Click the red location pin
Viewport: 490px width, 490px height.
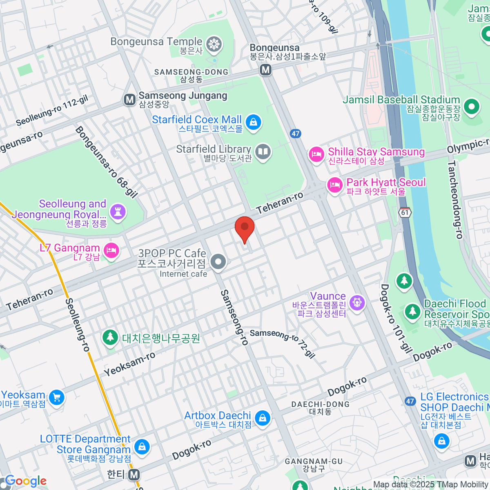click(245, 228)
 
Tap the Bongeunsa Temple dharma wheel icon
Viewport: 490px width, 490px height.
click(214, 45)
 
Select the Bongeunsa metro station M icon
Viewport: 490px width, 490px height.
click(266, 70)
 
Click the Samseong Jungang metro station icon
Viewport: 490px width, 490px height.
click(129, 100)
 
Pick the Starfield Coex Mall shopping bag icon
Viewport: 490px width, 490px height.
click(253, 122)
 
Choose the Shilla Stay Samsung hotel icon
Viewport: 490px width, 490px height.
click(316, 155)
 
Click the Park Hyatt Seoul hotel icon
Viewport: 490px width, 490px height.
click(334, 185)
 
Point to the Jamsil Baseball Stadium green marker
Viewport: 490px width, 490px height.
click(472, 107)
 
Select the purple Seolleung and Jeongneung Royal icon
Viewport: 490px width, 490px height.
click(118, 212)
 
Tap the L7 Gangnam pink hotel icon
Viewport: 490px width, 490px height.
click(111, 250)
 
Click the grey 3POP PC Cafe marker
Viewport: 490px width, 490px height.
click(218, 261)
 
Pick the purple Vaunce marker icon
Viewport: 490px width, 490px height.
click(357, 303)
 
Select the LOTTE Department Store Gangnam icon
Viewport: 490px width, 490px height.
click(142, 447)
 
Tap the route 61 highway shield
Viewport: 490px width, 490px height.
click(405, 213)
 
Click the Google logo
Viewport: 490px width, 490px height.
click(26, 481)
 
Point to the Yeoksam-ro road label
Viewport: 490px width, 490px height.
click(129, 364)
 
